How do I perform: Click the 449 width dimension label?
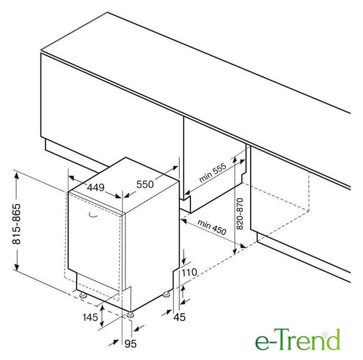(96, 187)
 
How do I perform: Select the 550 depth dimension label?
(145, 184)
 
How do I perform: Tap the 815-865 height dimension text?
(16, 224)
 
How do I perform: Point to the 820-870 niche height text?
(240, 214)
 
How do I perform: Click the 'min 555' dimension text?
(213, 173)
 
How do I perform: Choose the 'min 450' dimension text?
(212, 227)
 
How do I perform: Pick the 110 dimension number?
(189, 272)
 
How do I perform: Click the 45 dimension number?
(179, 317)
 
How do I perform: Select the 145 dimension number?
(90, 317)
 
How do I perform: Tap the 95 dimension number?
(130, 344)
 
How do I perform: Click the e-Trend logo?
(297, 340)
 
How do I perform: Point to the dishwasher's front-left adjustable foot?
(83, 295)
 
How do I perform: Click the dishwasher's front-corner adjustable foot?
(130, 315)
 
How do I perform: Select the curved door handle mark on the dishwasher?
(93, 215)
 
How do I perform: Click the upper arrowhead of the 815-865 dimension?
(16, 175)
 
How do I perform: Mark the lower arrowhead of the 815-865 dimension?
(16, 267)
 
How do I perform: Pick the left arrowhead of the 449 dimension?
(71, 178)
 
